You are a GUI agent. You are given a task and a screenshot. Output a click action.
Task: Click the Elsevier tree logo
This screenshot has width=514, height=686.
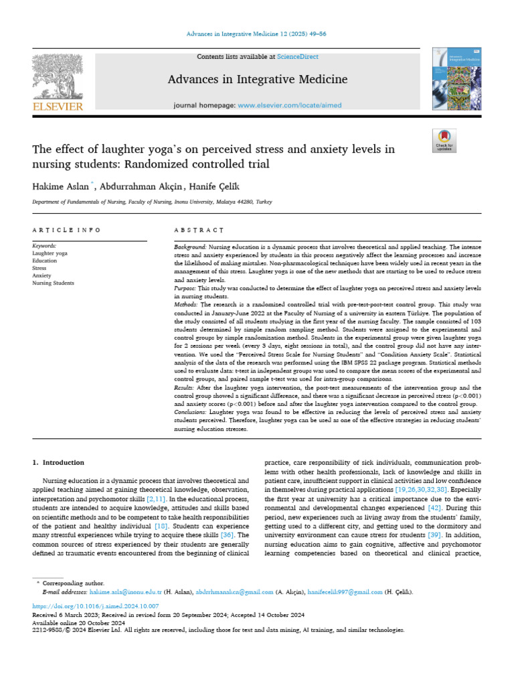[x=58, y=79]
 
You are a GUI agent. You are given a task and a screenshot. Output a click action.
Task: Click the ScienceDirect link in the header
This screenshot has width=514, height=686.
[x=300, y=57]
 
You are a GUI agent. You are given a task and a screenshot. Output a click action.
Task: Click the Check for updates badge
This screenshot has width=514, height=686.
[x=444, y=140]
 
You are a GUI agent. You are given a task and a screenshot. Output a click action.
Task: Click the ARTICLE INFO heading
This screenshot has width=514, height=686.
[x=66, y=230]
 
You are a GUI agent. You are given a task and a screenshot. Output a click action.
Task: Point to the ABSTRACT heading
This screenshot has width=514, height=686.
[x=197, y=230]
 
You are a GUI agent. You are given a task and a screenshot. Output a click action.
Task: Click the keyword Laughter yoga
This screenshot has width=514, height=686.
[x=50, y=254]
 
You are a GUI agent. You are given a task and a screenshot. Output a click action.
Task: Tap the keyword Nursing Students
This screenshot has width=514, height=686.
[x=53, y=283]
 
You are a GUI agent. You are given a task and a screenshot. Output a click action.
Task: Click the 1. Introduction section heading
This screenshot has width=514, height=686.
[x=59, y=462]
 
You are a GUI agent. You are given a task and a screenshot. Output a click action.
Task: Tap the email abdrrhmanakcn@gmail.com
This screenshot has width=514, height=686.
[x=234, y=592]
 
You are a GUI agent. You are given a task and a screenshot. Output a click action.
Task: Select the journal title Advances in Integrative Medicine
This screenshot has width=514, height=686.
[x=258, y=80]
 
